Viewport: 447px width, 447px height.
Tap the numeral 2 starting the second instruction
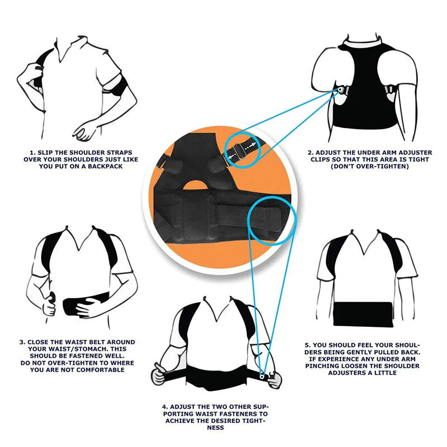click(310, 151)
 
